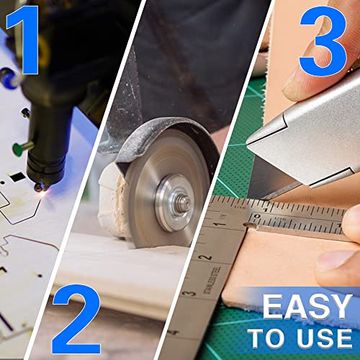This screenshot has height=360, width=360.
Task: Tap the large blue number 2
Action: point(76,319)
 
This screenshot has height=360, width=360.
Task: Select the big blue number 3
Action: point(323,41)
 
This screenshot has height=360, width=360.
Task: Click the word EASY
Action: point(307,307)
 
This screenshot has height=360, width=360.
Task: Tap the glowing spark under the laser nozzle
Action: point(43,193)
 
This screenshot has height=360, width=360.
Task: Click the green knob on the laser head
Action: point(18,149)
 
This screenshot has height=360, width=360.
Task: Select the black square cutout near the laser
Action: point(17,177)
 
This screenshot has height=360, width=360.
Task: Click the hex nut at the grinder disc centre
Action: point(184,204)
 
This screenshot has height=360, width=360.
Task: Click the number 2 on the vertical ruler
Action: point(205,258)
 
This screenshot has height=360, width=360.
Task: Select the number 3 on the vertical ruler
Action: point(189,293)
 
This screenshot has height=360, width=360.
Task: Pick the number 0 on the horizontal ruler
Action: point(257,216)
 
